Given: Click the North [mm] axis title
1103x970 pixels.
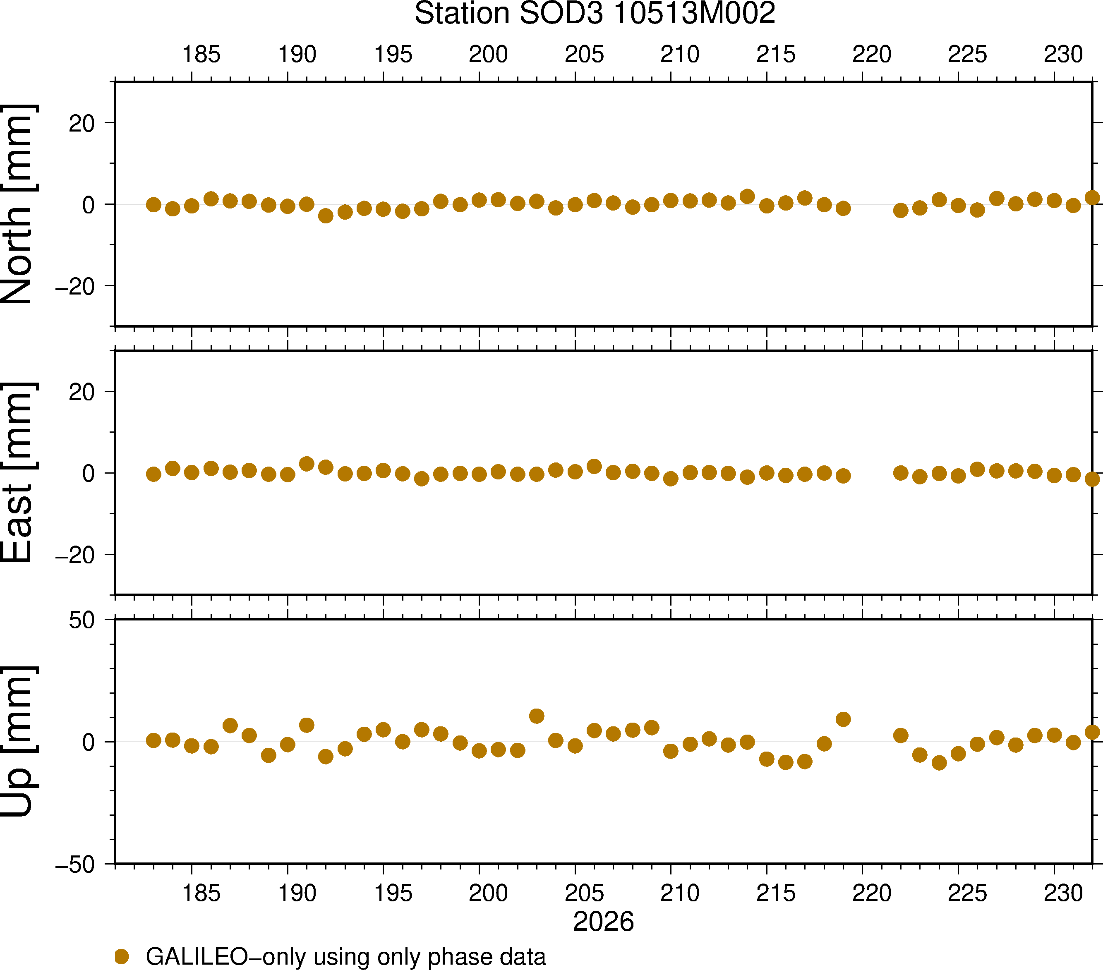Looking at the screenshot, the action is (x=18, y=204).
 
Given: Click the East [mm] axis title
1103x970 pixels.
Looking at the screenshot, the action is (x=18, y=473).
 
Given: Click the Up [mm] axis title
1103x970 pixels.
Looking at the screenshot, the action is (x=18, y=741).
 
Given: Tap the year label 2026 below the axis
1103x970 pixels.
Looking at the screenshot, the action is (x=603, y=922).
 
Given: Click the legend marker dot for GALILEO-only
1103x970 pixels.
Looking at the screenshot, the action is (x=122, y=956).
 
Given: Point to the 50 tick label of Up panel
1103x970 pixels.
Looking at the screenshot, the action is (x=82, y=620).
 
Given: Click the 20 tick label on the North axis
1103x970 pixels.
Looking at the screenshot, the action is (x=82, y=124).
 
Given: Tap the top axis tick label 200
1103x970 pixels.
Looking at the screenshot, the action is (x=488, y=55).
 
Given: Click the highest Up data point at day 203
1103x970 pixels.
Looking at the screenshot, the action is (x=536, y=716).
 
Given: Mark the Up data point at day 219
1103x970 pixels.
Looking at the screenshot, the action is (x=843, y=719).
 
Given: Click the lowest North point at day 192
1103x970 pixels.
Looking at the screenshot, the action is (x=325, y=216).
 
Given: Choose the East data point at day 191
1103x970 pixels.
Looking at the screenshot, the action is (x=307, y=464).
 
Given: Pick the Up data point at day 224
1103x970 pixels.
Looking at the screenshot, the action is (x=939, y=763).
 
